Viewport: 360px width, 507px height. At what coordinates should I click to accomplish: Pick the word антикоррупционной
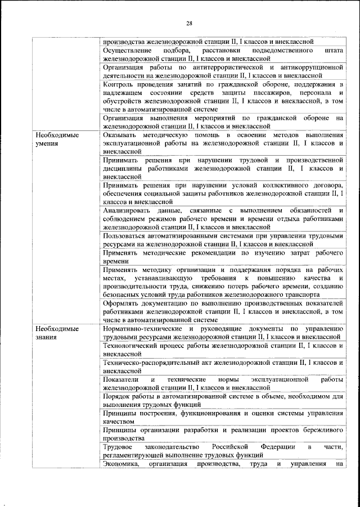point(310,67)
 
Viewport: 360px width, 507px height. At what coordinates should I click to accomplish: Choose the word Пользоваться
point(127,236)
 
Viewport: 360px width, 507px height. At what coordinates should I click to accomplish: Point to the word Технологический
point(132,345)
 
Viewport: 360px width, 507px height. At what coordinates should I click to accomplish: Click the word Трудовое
point(118,447)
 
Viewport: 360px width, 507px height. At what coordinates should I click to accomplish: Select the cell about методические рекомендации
point(223,257)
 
